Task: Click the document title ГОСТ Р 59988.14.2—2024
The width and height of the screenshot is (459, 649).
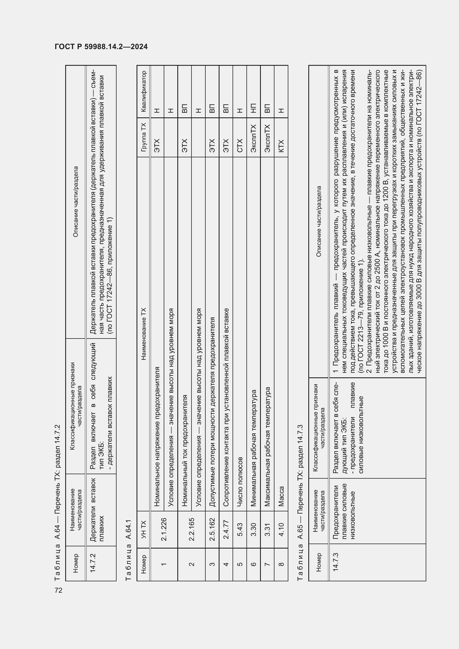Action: click(x=101, y=47)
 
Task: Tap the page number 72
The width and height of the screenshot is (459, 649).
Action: click(x=59, y=590)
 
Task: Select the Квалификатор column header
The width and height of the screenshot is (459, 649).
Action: click(x=143, y=91)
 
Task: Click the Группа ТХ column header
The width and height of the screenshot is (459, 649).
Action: click(x=143, y=137)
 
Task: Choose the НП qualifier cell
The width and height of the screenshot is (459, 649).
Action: click(x=253, y=108)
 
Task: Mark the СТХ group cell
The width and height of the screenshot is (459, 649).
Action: click(x=240, y=145)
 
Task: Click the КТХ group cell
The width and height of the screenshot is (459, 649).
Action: click(x=281, y=145)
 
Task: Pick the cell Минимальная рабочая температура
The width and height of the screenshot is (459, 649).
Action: click(x=254, y=448)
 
